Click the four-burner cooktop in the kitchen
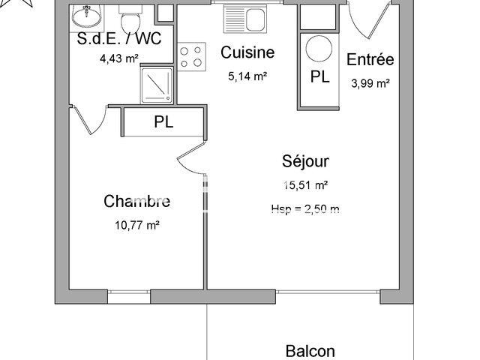pyautogui.click(x=191, y=56)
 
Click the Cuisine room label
pyautogui.click(x=247, y=52)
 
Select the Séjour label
pyautogui.click(x=305, y=160)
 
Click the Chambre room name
pyautogui.click(x=136, y=201)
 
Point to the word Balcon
pyautogui.click(x=310, y=351)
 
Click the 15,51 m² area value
pyautogui.click(x=304, y=184)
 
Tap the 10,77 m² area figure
pyautogui.click(x=136, y=224)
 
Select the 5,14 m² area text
pyautogui.click(x=247, y=76)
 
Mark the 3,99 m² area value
pyautogui.click(x=370, y=83)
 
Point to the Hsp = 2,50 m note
pyautogui.click(x=305, y=208)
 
